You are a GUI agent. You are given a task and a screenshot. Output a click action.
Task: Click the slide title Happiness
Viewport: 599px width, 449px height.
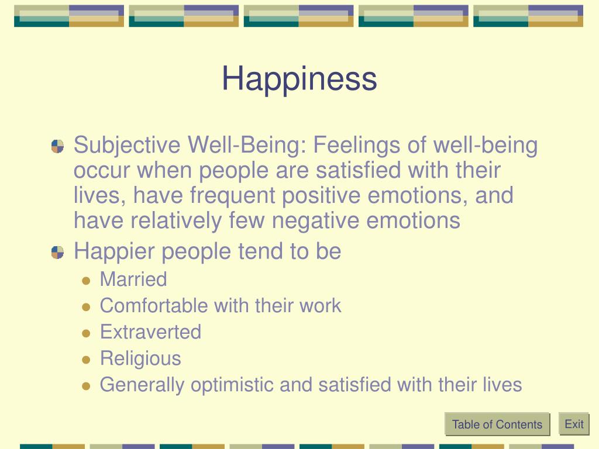299,80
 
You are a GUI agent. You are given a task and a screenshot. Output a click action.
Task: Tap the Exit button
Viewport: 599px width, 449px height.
574,424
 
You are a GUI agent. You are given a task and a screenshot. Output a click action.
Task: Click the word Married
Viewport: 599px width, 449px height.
133,279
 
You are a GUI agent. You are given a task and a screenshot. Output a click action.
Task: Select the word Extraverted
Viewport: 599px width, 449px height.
150,332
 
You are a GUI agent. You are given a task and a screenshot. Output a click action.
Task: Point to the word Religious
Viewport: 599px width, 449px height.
140,359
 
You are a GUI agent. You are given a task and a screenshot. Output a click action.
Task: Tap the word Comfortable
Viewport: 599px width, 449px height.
154,305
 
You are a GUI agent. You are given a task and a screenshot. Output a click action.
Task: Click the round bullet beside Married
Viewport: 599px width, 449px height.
86,281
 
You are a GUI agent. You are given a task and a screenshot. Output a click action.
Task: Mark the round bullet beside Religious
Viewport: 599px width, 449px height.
86,360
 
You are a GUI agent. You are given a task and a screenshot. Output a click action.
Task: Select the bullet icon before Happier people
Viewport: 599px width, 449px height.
58,253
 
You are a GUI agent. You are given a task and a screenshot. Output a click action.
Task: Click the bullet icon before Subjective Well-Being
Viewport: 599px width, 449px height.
58,146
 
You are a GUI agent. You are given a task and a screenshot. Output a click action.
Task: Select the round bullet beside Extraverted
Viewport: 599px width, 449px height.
86,334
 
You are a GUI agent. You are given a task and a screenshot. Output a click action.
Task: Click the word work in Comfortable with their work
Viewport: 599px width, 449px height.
320,305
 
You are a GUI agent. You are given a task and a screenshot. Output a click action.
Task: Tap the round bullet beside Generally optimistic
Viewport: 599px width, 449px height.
86,386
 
